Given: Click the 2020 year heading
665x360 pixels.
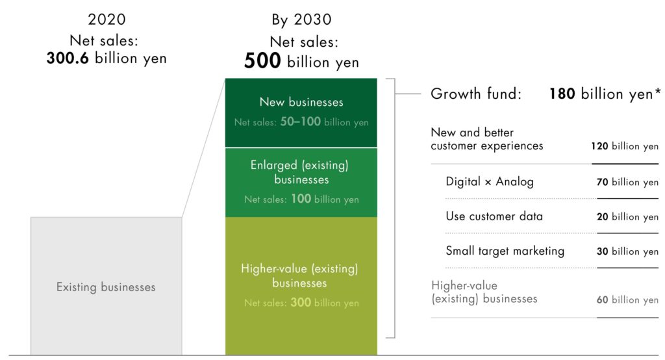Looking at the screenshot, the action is tap(107, 19).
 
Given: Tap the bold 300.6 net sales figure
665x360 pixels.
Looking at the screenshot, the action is tap(68, 58).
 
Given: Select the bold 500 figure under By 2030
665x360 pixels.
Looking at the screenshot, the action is tap(262, 60).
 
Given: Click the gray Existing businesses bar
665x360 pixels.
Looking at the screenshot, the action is tap(106, 286).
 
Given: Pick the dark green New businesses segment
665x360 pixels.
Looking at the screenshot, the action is tap(301, 112).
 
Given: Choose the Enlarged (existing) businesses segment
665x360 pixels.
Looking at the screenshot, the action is tap(301, 183).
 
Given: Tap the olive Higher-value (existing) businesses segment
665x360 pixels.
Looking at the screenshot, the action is tap(301, 286).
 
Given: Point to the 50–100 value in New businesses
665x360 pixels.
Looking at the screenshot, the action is tap(300, 122).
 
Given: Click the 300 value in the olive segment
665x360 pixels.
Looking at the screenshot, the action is tap(301, 302).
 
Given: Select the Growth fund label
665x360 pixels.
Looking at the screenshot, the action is tap(476, 94).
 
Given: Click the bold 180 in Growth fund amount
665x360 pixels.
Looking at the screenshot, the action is tap(562, 94).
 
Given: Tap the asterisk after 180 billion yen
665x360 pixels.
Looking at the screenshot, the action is tap(658, 90).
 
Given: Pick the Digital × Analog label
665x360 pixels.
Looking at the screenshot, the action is tap(490, 182).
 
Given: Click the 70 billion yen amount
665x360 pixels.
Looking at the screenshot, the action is tap(627, 182).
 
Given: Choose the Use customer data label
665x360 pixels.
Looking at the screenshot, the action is tap(494, 216).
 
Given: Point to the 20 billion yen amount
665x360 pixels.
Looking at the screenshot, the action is tap(627, 217).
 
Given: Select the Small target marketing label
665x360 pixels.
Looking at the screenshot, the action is tap(505, 251).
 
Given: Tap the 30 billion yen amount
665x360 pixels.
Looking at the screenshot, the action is tap(627, 251).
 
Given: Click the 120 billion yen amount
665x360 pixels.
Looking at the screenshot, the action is tap(625, 146).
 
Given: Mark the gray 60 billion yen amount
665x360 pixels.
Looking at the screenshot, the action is tap(627, 300).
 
